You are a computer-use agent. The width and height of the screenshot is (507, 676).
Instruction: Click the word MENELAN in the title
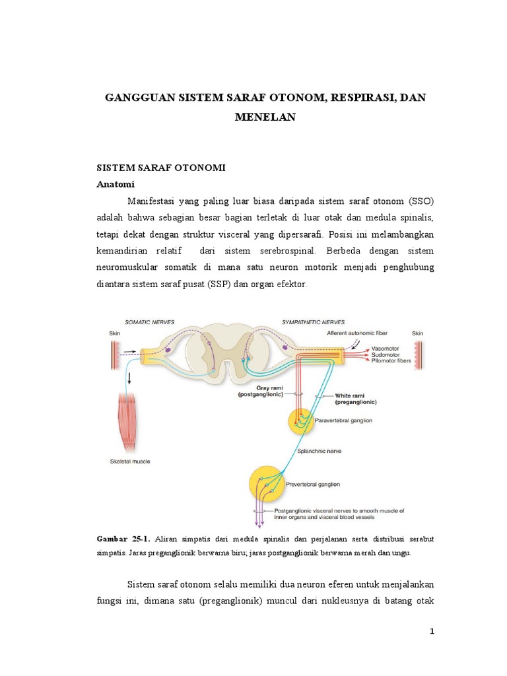pos(266,117)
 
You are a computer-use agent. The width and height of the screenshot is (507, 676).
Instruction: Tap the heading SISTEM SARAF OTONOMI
pos(161,168)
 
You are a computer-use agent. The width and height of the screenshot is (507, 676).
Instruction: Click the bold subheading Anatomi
pos(116,185)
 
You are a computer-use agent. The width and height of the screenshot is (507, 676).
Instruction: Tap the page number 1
pos(432,632)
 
